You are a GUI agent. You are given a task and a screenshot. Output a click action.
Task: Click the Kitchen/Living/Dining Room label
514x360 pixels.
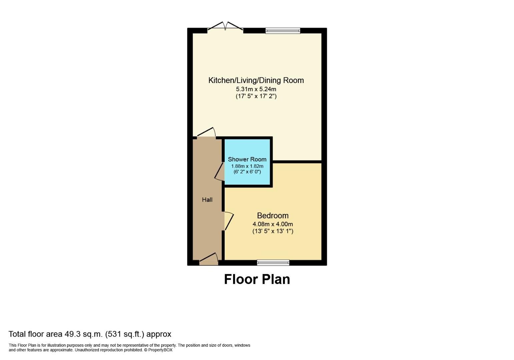(256, 80)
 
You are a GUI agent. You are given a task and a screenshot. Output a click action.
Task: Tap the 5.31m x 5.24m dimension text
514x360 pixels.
(256, 89)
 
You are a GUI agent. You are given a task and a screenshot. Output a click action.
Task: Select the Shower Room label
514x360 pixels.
(247, 159)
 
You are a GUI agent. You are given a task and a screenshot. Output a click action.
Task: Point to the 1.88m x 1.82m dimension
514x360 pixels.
(247, 166)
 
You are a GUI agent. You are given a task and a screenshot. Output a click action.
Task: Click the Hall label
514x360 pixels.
(207, 200)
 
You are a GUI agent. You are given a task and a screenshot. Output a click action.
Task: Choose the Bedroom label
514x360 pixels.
(273, 215)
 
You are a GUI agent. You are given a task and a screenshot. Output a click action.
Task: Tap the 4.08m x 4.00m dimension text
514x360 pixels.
(273, 224)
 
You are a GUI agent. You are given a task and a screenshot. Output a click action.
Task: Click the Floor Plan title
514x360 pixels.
(257, 279)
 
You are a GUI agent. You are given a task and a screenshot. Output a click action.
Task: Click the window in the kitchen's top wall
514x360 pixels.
(283, 31)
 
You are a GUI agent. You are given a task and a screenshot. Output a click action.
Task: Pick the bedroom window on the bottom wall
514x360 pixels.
(273, 263)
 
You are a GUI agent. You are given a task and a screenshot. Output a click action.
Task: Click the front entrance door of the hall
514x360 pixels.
(209, 259)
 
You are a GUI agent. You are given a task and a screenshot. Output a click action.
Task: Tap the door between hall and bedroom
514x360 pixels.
(228, 221)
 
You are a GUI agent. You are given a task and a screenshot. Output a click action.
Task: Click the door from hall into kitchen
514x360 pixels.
(206, 133)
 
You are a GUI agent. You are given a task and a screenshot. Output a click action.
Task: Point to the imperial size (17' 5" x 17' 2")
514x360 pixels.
(256, 96)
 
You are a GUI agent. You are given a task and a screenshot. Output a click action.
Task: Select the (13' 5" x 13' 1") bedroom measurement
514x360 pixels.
(273, 231)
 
